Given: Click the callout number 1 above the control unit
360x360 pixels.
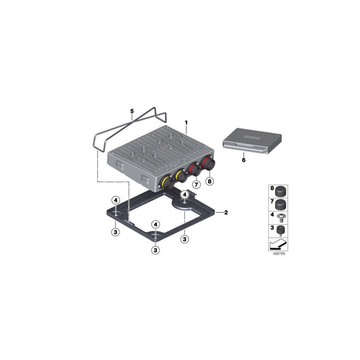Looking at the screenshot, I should (x=186, y=124).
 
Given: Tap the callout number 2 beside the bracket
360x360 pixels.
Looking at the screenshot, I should (x=226, y=213).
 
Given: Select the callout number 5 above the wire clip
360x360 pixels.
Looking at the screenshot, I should (x=132, y=110).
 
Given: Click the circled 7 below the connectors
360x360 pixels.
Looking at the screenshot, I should (x=196, y=184).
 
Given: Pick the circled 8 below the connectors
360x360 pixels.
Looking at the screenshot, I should (x=209, y=180).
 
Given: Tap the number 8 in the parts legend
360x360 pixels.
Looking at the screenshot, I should (x=273, y=190).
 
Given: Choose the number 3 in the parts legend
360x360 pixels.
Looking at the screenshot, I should (x=273, y=230).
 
